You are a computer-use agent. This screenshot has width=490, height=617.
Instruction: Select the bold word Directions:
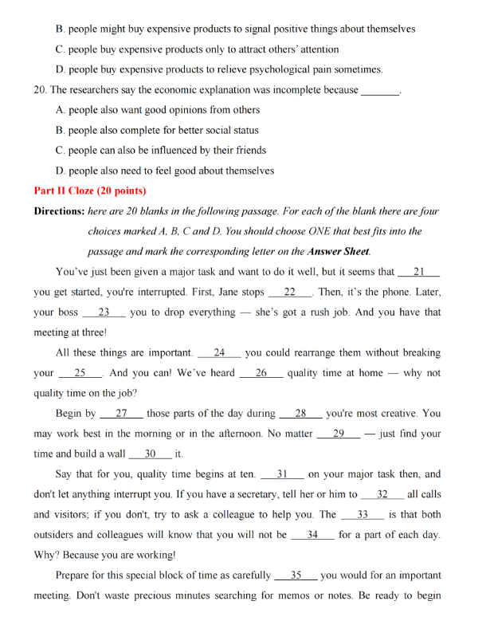click(59, 211)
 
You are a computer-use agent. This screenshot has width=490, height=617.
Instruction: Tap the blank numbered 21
click(419, 272)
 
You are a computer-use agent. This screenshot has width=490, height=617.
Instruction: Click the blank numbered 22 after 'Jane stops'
click(290, 292)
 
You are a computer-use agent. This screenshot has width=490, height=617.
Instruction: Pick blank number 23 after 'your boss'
click(104, 312)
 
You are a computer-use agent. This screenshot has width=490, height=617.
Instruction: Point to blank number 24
click(219, 352)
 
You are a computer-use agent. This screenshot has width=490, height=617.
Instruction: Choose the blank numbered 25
click(80, 373)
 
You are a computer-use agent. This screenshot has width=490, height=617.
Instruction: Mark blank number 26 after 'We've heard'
click(261, 373)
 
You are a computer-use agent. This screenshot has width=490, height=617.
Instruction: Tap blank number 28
click(301, 414)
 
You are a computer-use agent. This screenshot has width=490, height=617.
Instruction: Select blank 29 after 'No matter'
click(338, 434)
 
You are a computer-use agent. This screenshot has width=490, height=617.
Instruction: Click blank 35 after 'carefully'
click(295, 575)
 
